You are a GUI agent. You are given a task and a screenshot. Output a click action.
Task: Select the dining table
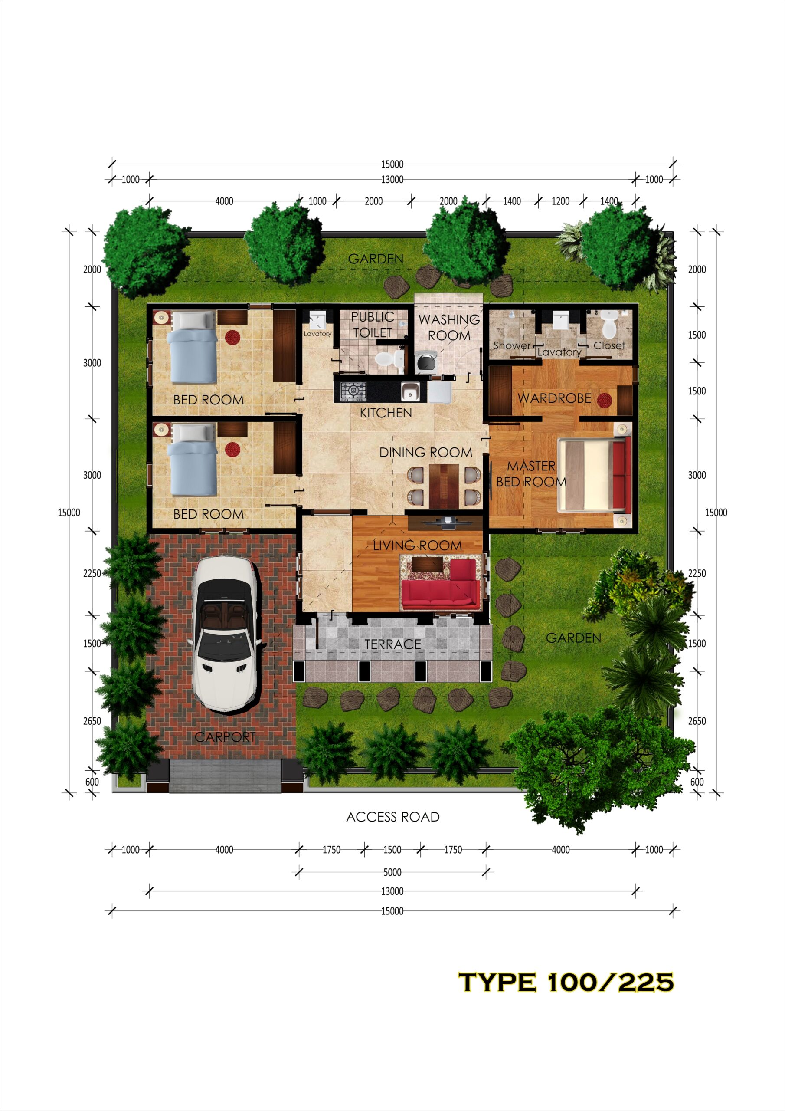[444, 485]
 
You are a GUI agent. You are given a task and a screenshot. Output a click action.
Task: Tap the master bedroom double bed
[594, 475]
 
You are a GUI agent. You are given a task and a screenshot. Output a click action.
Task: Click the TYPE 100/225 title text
[566, 983]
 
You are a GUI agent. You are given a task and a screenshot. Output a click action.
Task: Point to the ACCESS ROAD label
[393, 817]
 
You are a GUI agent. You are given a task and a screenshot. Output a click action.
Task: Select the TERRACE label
[393, 644]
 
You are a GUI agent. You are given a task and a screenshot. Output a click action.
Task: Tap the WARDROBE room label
[554, 398]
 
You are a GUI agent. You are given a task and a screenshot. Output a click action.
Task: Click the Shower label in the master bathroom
[512, 345]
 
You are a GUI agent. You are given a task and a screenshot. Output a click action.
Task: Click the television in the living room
[445, 522]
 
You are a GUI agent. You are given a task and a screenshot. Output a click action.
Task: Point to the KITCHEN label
[386, 413]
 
